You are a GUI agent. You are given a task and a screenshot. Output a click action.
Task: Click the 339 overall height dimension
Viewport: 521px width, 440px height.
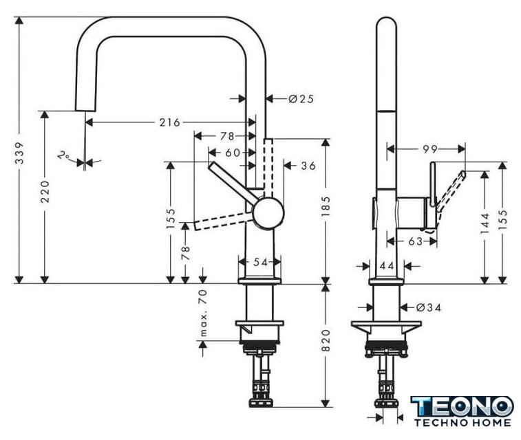pos(20,153)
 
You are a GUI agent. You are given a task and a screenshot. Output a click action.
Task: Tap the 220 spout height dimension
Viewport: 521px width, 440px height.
pos(45,192)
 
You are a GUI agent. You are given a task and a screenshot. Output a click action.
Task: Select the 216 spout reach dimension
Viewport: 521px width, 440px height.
pos(169,122)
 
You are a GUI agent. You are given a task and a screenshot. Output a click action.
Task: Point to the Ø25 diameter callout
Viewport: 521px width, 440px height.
pos(301,99)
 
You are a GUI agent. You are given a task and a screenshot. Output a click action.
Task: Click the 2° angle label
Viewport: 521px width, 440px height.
pos(63,155)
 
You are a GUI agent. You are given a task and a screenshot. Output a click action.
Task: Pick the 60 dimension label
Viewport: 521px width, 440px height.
pos(233,153)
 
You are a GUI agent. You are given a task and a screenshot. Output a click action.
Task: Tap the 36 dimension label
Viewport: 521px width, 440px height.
pos(308,166)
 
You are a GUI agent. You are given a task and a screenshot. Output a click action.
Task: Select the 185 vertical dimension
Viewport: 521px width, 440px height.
pos(326,206)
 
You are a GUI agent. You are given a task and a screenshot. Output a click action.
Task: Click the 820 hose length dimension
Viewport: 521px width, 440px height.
pos(326,340)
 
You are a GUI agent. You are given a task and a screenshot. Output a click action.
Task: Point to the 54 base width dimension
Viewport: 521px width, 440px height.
pos(260,262)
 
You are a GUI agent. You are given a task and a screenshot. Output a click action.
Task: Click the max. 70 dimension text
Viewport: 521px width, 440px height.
pos(203,313)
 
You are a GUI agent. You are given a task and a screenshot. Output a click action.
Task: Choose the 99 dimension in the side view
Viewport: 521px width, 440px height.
pos(430,149)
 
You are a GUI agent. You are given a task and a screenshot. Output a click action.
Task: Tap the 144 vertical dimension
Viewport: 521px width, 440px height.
pos(485,223)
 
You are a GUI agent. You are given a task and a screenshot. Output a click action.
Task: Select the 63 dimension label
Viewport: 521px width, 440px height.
pos(415,241)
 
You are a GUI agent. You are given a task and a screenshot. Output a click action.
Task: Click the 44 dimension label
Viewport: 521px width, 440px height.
pos(387,266)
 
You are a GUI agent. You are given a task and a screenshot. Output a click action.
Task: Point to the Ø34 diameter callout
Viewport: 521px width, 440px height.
pos(429,308)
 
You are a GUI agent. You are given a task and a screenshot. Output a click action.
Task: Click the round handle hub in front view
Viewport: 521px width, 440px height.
pos(268,213)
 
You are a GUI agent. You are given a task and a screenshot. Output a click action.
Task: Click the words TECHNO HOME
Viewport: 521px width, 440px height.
pos(462,423)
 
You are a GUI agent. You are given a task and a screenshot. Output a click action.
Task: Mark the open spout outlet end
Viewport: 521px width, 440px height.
pos(86,110)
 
